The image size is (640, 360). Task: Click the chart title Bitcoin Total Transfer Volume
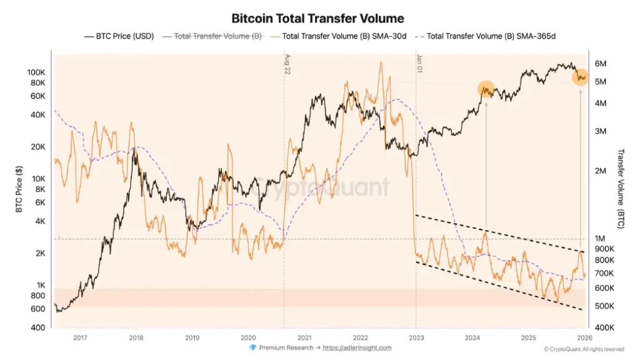(x=317, y=19)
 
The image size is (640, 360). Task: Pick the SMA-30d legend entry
(x=344, y=36)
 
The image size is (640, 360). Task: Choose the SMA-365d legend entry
(x=491, y=36)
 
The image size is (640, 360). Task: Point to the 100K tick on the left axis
(x=36, y=72)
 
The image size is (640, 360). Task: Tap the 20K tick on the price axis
(x=38, y=147)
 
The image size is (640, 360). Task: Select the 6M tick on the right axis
(x=600, y=64)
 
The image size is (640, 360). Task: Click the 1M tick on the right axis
(x=600, y=239)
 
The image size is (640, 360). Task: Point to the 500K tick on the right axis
(x=603, y=306)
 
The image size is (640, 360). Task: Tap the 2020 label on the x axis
(x=248, y=338)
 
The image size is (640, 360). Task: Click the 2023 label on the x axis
(x=416, y=338)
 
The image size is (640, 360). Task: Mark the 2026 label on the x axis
(x=584, y=338)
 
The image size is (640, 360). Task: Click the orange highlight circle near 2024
(x=487, y=89)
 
